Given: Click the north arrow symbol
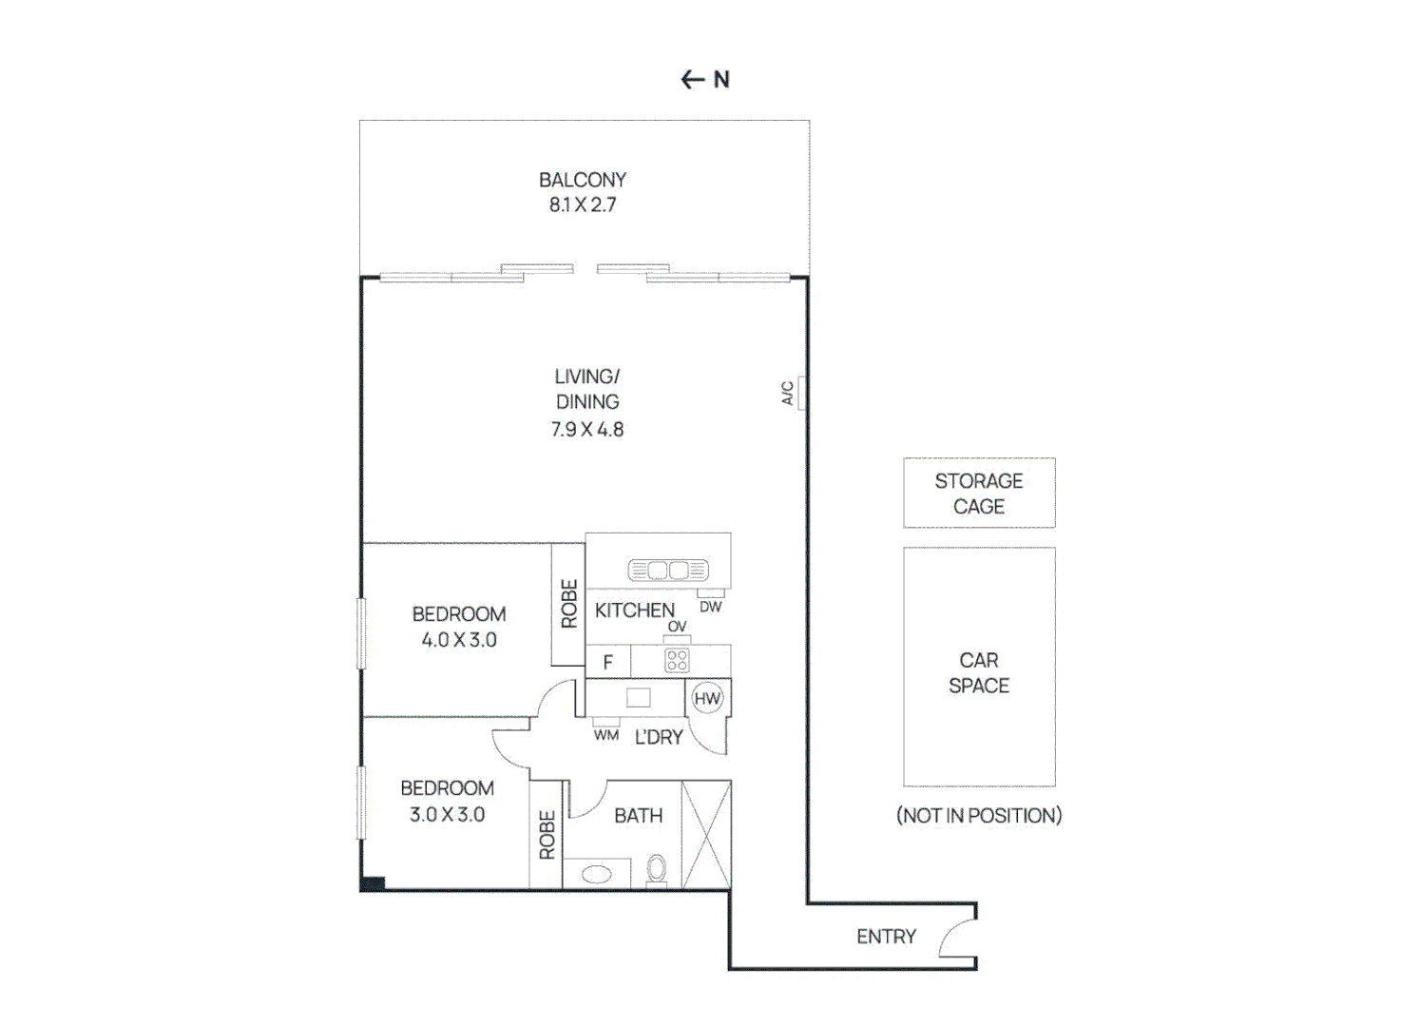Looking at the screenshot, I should point(693,80).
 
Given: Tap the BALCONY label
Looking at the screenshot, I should point(583,180).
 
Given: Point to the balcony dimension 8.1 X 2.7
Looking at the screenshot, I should point(583,204).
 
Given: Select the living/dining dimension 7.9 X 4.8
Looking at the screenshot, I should point(587,430).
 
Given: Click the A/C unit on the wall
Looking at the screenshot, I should point(801,393).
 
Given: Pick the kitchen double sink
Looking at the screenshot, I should point(668,571).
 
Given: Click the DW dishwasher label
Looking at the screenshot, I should point(711,607).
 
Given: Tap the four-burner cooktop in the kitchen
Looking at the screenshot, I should point(677,660).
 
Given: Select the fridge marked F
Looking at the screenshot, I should point(608,662).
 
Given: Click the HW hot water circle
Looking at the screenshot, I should point(707,699).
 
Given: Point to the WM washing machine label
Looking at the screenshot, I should point(606,735).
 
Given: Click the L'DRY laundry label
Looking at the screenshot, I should point(659,737).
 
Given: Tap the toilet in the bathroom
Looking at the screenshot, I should point(657,868).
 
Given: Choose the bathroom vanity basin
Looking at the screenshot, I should point(597,873).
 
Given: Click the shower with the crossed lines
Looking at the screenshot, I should point(706,835).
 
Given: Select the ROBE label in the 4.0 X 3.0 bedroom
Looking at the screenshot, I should point(569,604).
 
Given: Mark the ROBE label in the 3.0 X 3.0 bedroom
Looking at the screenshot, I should point(547,835).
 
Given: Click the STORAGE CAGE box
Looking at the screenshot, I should point(979,493).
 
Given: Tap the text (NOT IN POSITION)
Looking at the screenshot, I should point(979,816).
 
